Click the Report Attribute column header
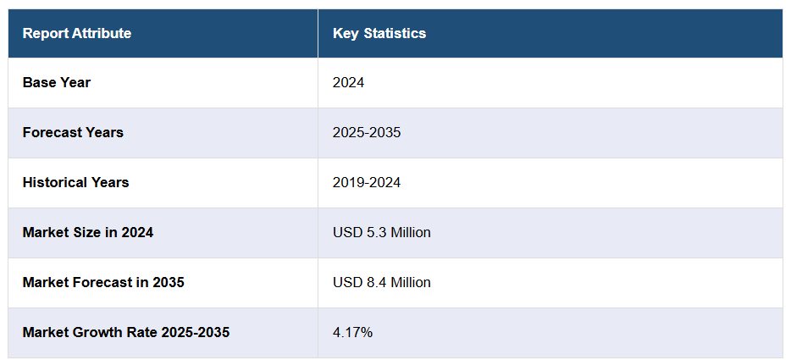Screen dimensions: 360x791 (x=77, y=34)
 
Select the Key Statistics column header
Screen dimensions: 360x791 (x=379, y=34)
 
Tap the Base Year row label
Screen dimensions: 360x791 (x=57, y=83)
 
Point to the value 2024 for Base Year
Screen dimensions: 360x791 (x=348, y=83)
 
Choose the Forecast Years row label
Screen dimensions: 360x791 (x=73, y=133)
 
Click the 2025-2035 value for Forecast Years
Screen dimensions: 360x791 (x=367, y=133)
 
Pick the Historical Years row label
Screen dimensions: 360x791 (x=76, y=183)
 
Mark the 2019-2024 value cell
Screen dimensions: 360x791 (x=367, y=183)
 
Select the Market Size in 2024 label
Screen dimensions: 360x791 (x=88, y=233)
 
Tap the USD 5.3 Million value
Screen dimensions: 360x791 (x=382, y=233)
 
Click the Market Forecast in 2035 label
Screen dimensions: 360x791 (x=103, y=283)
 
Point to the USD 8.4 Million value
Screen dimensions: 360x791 (x=382, y=283)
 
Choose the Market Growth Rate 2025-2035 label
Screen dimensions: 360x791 (x=126, y=333)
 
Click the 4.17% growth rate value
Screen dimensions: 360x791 (x=352, y=333)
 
